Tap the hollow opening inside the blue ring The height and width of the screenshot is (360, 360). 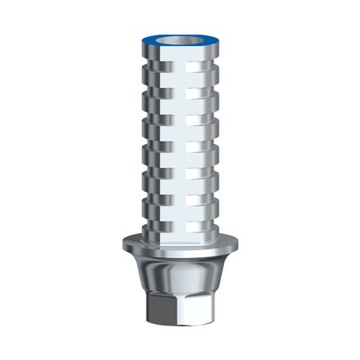(180, 39)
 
